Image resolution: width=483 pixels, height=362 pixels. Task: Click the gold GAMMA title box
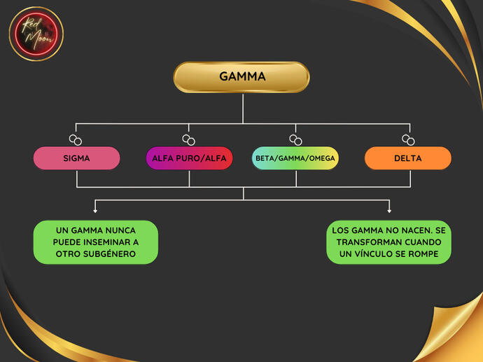241,77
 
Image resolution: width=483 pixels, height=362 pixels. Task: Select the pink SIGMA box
76,158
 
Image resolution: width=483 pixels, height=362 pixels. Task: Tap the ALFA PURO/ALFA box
189,158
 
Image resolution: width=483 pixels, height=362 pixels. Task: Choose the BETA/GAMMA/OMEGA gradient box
295,158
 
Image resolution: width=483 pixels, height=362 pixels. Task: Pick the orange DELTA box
407,158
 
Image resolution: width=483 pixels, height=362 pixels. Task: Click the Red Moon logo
36,34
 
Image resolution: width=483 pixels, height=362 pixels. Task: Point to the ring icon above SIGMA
76,140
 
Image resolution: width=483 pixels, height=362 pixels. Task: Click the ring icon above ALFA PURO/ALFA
189,140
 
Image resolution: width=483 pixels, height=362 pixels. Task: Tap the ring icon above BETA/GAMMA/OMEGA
295,140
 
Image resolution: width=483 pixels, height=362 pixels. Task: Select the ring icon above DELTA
407,140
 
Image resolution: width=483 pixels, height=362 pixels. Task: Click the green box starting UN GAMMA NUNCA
96,242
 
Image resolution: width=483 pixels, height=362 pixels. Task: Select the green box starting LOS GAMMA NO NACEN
388,242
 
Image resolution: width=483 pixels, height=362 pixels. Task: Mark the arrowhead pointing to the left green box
95,210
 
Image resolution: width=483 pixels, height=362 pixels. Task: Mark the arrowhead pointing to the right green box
389,210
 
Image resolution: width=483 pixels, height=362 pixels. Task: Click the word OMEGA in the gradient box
323,158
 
